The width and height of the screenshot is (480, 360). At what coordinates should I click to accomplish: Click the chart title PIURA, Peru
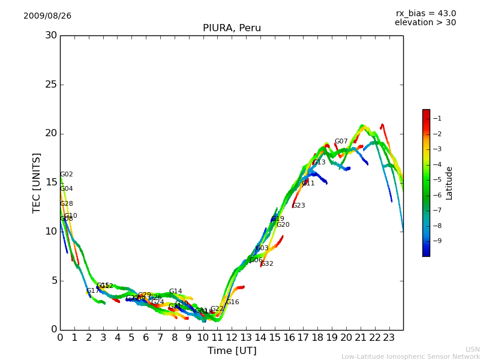coord(232,28)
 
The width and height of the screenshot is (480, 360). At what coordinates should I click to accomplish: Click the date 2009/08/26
coord(47,16)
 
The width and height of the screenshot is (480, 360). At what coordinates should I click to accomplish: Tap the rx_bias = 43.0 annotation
coord(425,14)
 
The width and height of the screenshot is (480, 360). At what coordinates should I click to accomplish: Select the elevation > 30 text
coord(425,23)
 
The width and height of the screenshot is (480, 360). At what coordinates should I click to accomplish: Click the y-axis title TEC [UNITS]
coord(37,182)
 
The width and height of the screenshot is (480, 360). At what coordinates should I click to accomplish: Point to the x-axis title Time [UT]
coord(232,351)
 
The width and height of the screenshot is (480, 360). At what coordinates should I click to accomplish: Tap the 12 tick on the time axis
coord(232,338)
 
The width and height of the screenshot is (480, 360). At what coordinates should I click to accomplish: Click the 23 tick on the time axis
coord(389,338)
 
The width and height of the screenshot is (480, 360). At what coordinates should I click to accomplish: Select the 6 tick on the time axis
coord(146,338)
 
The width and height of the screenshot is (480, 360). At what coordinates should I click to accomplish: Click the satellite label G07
coord(341,142)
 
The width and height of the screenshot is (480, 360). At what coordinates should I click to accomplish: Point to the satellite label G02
coord(67,175)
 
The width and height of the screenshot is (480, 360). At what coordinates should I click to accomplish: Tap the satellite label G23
coord(298,206)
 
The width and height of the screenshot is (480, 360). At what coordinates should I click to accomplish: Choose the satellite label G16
coord(232,302)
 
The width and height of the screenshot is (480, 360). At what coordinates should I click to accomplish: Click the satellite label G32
coord(266,264)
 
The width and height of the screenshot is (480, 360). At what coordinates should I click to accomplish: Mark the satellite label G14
coord(175,292)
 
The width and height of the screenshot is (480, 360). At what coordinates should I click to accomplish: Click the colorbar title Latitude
coord(449,183)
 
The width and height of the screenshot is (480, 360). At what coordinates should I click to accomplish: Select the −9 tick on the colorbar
coord(439,241)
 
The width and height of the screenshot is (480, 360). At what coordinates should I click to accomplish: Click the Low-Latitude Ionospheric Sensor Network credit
coord(410,357)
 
